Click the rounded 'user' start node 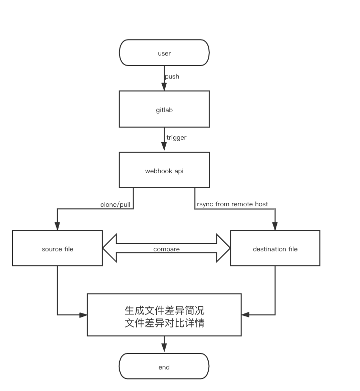tap(164, 53)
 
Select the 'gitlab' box tap(164, 109)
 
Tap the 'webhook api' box tap(164, 171)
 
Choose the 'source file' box tap(58, 249)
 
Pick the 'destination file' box tap(275, 249)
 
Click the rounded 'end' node tap(164, 367)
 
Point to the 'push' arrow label tap(172, 77)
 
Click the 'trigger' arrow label tap(176, 137)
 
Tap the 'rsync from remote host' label tap(232, 204)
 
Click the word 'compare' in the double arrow tap(166, 249)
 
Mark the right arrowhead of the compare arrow tap(223, 248)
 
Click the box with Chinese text tap(164, 315)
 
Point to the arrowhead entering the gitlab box tap(164, 87)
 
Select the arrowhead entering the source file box tap(58, 227)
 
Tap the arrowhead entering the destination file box tap(275, 227)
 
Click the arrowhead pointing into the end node tap(164, 349)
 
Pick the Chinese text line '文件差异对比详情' tap(164, 323)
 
